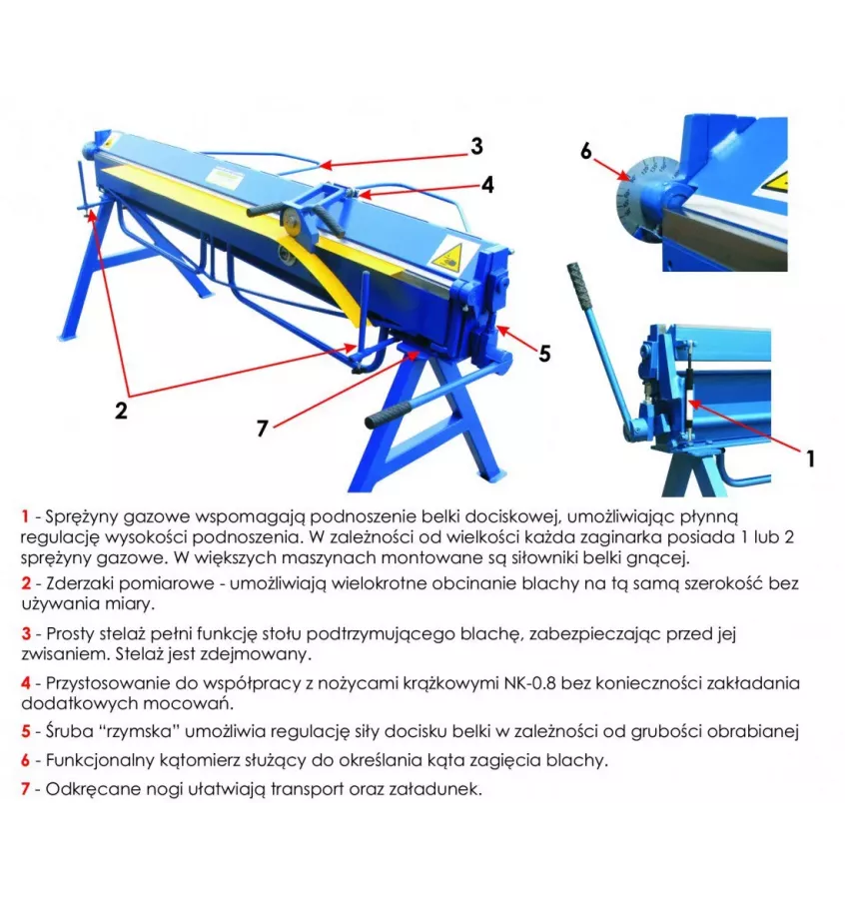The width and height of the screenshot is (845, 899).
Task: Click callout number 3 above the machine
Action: (476, 146)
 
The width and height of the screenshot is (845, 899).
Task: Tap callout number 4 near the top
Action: (486, 184)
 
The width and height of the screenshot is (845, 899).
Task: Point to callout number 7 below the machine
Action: (262, 428)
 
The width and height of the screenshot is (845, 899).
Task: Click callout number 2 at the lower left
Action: (121, 411)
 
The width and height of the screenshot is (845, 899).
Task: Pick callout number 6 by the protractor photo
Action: (586, 151)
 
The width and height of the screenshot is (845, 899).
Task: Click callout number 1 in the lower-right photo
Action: (810, 457)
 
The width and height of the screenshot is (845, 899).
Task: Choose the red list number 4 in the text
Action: (24, 683)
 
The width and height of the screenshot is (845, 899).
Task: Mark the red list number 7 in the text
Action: (24, 788)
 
